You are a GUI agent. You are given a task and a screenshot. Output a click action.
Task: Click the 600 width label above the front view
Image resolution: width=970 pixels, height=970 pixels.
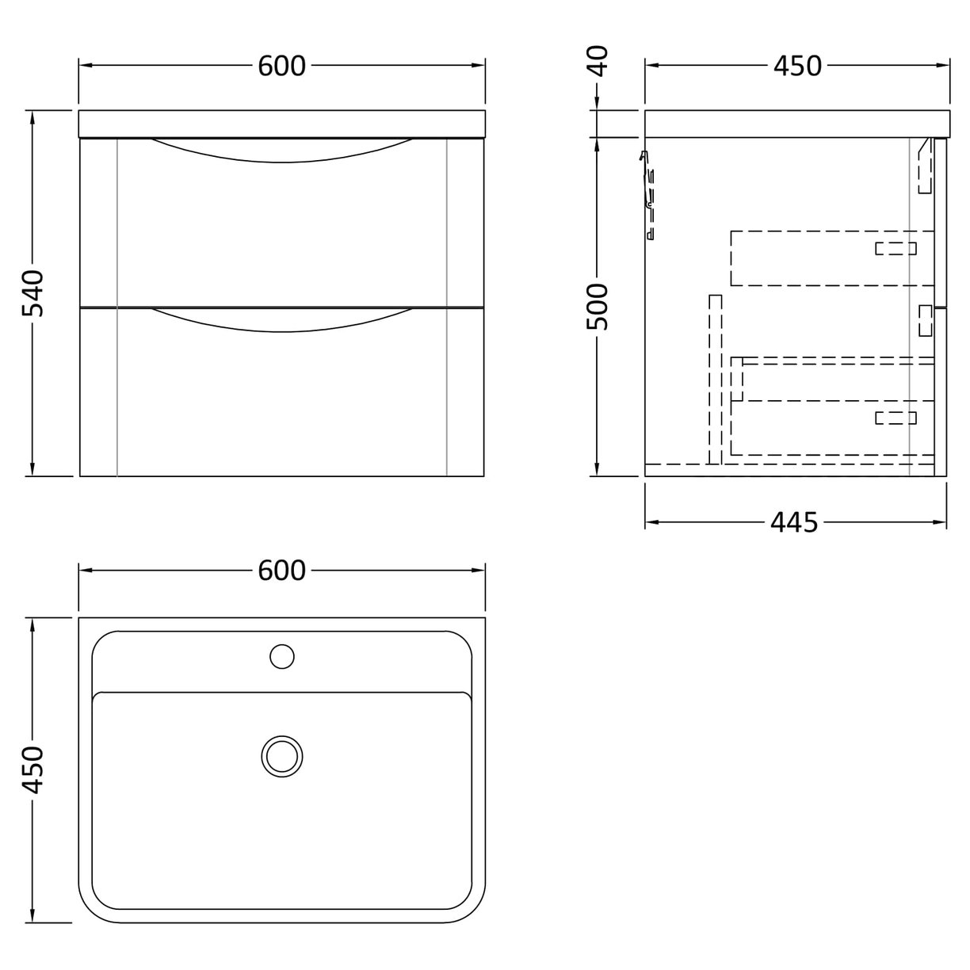(281, 67)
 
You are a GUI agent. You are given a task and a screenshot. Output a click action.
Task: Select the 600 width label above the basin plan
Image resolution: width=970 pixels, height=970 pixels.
(281, 571)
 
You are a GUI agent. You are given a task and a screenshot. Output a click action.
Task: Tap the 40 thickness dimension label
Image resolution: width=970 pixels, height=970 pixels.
(599, 61)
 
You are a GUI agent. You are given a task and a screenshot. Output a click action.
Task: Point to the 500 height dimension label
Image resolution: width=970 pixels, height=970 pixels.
(599, 307)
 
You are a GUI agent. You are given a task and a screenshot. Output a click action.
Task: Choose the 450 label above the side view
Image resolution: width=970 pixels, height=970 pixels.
(796, 67)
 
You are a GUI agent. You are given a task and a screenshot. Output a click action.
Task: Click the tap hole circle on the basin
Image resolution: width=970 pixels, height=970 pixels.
(281, 656)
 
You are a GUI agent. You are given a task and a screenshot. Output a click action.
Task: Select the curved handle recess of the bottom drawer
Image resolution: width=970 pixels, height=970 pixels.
(281, 319)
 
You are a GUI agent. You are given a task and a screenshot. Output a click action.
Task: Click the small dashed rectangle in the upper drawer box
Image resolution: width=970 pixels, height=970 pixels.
(896, 249)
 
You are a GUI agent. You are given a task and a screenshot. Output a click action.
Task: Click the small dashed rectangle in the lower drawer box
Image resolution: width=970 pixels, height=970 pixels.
(896, 418)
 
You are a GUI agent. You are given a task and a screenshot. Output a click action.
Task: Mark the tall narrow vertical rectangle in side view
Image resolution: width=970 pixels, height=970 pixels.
(716, 379)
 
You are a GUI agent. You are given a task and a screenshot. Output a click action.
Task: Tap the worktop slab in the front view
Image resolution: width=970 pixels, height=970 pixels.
(281, 124)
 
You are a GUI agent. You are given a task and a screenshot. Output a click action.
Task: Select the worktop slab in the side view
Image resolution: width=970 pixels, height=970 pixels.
(796, 124)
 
